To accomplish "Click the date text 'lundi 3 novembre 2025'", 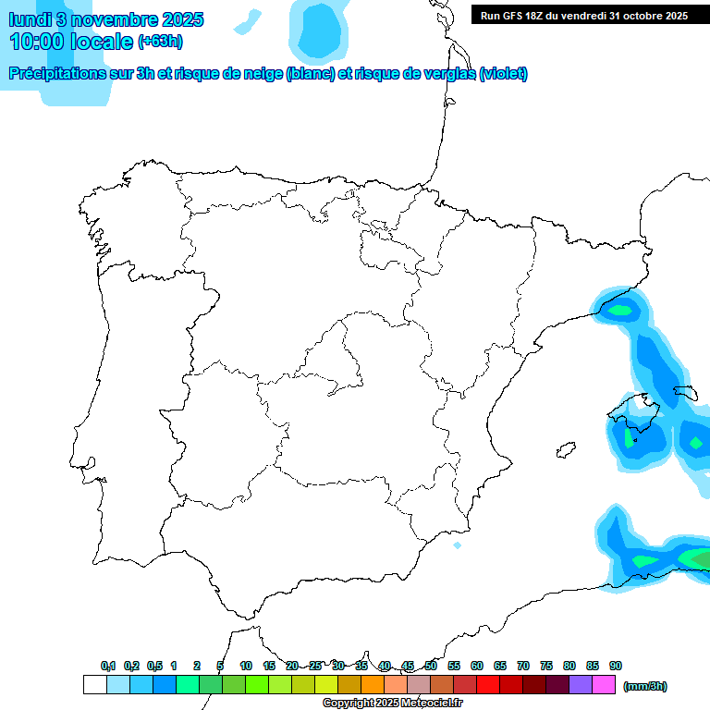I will (x=106, y=19).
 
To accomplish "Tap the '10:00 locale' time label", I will (x=72, y=42).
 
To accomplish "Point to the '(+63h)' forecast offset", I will (x=161, y=42).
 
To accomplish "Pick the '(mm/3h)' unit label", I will (x=645, y=686).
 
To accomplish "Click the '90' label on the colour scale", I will (x=616, y=667).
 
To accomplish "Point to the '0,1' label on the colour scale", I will (x=108, y=667).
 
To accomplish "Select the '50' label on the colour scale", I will (x=431, y=667).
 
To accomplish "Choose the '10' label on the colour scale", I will (x=246, y=667).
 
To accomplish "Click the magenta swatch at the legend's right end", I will (x=604, y=685).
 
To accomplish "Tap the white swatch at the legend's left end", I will (x=94, y=685).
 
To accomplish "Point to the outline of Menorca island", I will (x=685, y=392).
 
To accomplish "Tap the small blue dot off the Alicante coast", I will (x=457, y=545).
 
